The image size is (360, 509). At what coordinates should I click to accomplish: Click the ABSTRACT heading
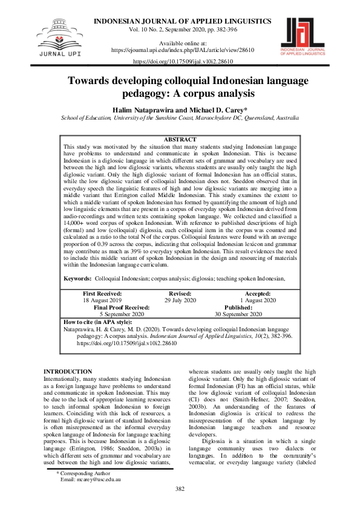[x=180, y=140]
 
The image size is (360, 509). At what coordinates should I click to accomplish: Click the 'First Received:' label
[x=102, y=293]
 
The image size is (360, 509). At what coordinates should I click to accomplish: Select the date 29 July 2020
[x=180, y=300]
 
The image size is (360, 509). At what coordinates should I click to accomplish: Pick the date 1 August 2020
[x=258, y=300]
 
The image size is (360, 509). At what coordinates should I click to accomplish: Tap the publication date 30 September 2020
[x=238, y=314]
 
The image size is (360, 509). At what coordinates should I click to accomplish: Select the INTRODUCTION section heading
[x=68, y=371]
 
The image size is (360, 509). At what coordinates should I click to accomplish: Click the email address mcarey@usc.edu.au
[x=91, y=478]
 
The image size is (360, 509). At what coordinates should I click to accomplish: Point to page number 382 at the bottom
[x=180, y=489]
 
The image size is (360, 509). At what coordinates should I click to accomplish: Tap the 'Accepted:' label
[x=258, y=293]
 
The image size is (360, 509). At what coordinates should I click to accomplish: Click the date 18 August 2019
[x=102, y=300]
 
